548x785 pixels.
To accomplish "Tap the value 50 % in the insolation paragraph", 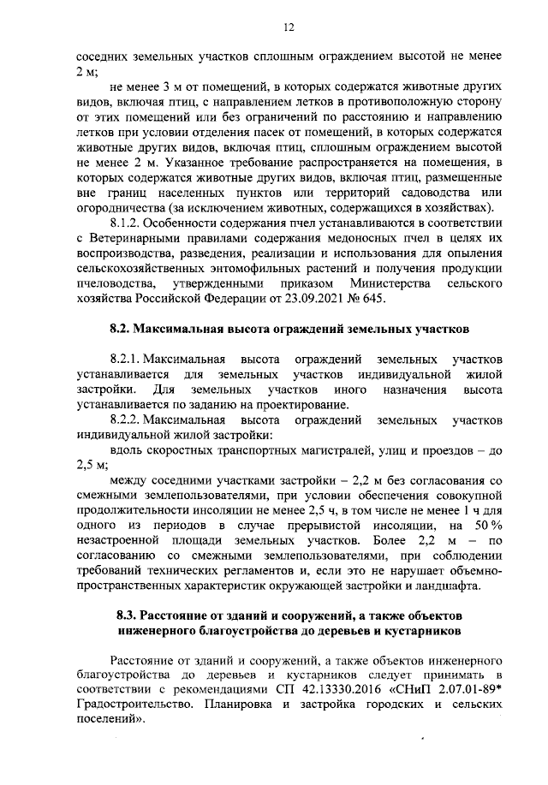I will (x=486, y=525).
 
